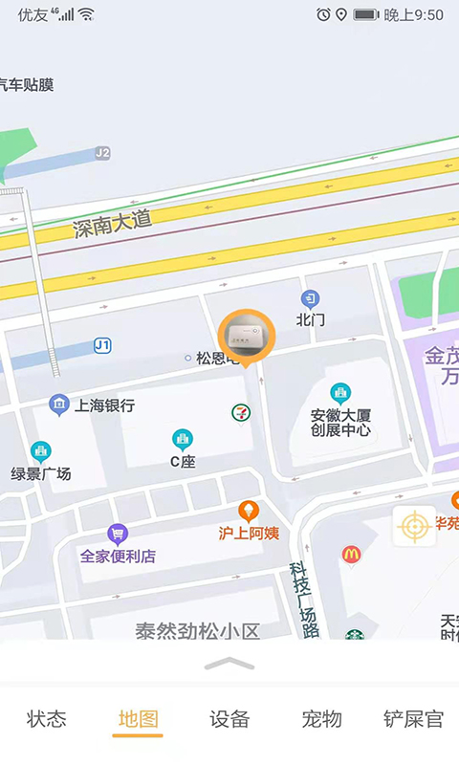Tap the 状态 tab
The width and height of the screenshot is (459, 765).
(46, 719)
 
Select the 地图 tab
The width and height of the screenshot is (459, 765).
(138, 719)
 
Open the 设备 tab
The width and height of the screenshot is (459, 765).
(229, 719)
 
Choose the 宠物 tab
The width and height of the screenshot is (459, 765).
(321, 719)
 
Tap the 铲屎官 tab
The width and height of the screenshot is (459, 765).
(413, 719)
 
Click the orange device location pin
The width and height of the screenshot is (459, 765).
(247, 337)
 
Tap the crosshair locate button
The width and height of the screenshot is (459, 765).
(414, 526)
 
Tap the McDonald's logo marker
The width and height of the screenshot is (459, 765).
(351, 555)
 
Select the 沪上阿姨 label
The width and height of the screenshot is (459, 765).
(249, 533)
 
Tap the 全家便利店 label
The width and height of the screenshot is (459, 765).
(118, 556)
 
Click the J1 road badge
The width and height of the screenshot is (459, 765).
(102, 345)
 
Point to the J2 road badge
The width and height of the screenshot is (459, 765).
(102, 153)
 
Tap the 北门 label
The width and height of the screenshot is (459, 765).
(311, 319)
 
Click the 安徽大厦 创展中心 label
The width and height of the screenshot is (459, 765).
(340, 422)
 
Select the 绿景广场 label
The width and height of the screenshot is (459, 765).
(41, 473)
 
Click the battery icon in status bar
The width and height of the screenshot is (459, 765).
(366, 14)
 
